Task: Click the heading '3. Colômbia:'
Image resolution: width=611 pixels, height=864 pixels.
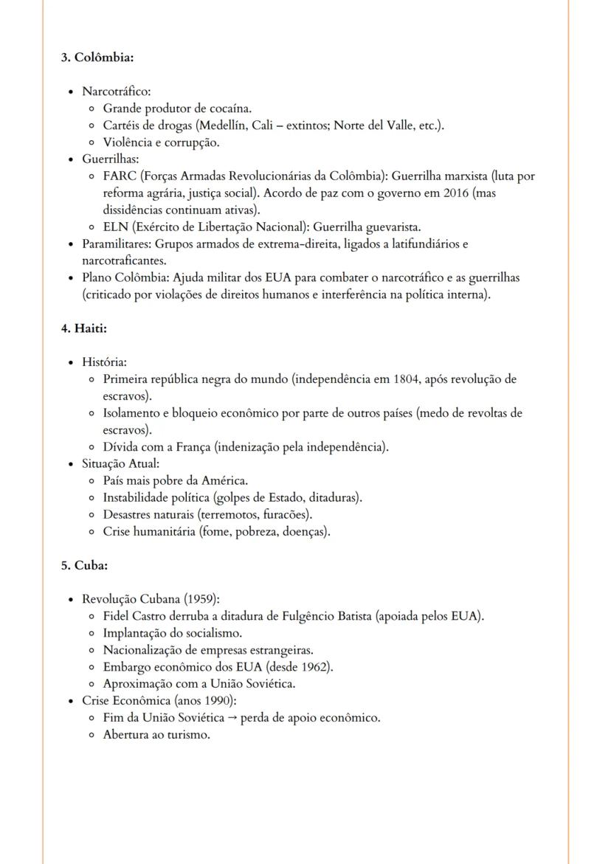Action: click(97, 57)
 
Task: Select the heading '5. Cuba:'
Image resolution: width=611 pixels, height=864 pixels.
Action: click(85, 565)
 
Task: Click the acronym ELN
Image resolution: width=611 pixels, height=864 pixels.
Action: click(116, 227)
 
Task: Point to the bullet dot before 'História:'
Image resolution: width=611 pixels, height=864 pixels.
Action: click(71, 362)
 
